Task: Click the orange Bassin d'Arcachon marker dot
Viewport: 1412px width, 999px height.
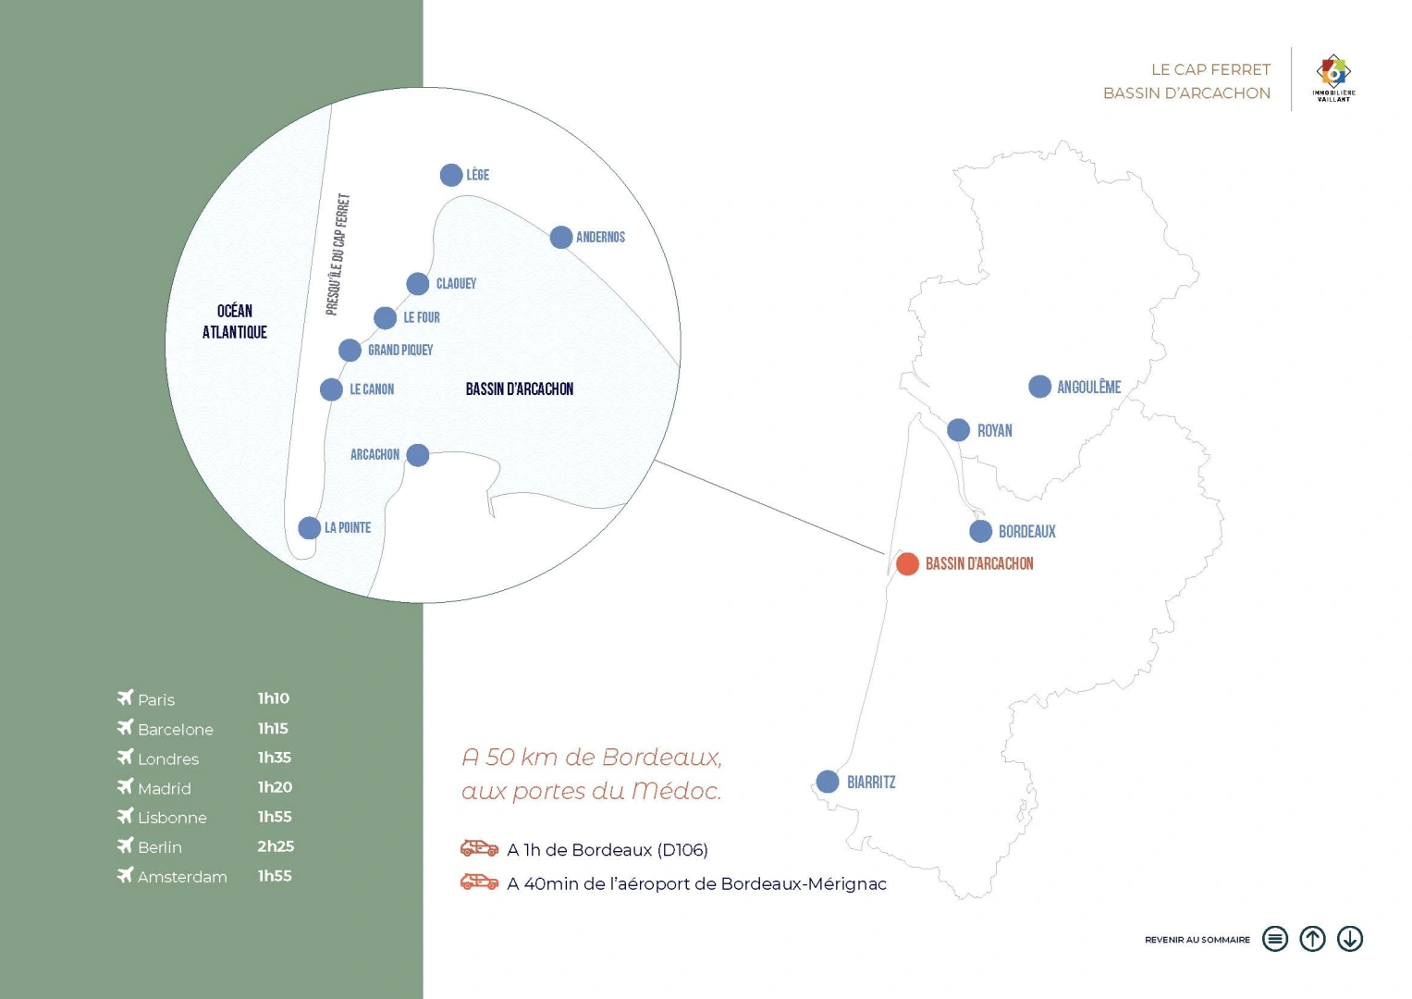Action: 907,564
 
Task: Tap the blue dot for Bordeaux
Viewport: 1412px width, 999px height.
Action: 980,531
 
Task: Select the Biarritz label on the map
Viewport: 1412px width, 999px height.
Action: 870,782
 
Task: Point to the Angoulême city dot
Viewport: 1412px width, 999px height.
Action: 1039,387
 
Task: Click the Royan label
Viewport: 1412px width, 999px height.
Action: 994,431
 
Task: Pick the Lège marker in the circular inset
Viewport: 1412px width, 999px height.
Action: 450,175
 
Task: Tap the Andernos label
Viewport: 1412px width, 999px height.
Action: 600,237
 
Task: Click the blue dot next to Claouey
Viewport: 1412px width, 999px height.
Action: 417,284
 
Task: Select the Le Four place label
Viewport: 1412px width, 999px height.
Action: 421,317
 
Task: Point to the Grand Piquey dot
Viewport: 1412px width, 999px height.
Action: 350,350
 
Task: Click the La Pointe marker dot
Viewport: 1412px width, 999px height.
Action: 309,528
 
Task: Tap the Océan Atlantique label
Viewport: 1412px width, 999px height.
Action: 235,321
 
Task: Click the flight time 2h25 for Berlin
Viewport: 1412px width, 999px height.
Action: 276,846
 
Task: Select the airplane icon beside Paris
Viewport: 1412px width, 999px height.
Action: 126,697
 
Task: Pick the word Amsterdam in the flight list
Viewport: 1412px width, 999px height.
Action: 182,877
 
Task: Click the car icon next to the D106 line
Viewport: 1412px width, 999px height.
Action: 479,848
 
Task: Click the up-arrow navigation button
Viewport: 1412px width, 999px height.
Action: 1312,939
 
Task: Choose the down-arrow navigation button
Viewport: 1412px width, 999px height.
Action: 1350,939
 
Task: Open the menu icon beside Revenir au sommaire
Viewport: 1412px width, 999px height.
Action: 1274,939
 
